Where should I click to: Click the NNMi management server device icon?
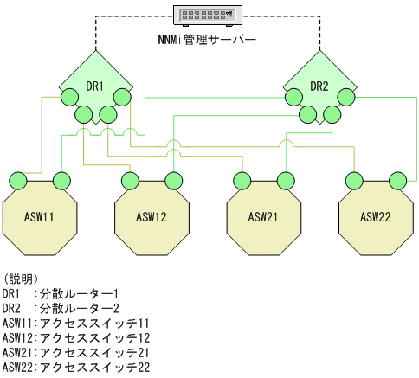(209, 16)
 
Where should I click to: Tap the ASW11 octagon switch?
(39, 216)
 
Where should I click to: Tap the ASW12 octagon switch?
(151, 216)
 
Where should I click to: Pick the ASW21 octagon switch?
(262, 216)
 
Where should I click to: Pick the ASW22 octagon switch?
(374, 216)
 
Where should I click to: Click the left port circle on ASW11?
(17, 181)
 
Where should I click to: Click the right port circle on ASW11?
(61, 181)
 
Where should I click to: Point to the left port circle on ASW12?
(130, 181)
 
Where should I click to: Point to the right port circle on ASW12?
(173, 181)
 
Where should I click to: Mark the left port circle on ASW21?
(242, 181)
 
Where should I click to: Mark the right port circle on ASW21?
(284, 181)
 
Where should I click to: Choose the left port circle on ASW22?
(353, 181)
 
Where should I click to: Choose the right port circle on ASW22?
(396, 181)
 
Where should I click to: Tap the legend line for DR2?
(60, 308)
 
